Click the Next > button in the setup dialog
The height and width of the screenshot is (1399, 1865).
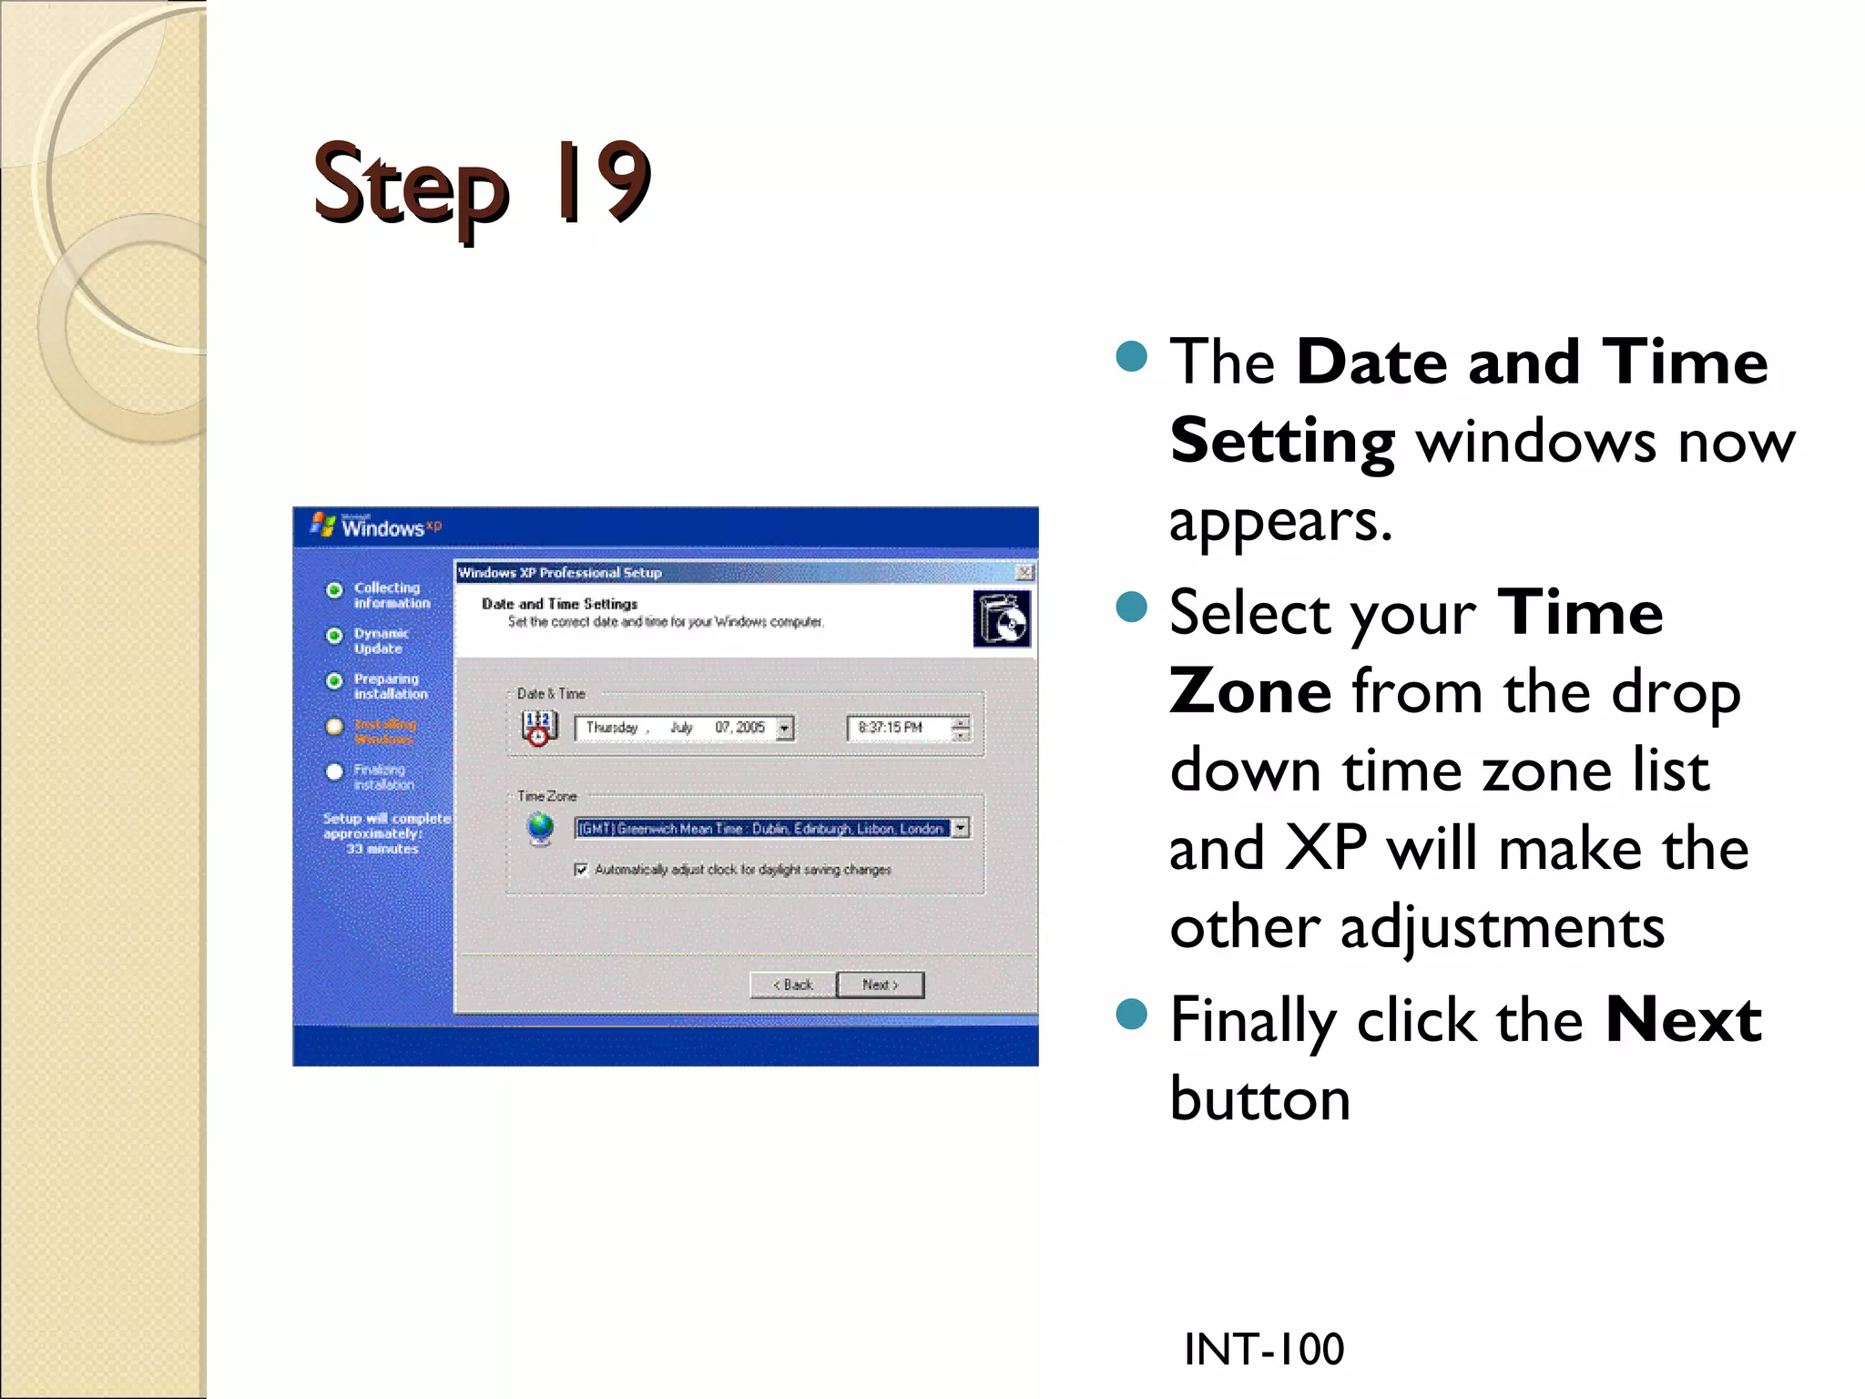point(880,985)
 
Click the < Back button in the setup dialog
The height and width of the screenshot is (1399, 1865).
point(792,985)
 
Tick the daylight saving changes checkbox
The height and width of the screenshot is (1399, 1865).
point(581,869)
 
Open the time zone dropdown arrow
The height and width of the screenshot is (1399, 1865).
point(961,828)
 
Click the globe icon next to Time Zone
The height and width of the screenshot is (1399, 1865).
point(541,828)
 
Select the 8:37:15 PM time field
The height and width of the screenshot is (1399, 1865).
point(897,728)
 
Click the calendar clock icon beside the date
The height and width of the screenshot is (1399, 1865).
point(539,728)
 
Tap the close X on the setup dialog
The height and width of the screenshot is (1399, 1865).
point(1024,572)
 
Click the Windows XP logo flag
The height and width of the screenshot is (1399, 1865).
point(322,525)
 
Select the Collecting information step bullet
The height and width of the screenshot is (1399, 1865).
point(334,589)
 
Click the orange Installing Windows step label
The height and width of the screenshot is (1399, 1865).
point(385,731)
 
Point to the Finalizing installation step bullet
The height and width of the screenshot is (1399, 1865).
point(334,771)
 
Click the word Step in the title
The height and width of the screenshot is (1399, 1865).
point(410,187)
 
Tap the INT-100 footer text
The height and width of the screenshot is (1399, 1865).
point(1263,1349)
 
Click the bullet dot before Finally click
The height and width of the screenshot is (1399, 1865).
point(1131,1013)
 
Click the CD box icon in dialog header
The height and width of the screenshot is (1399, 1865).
point(1002,618)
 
